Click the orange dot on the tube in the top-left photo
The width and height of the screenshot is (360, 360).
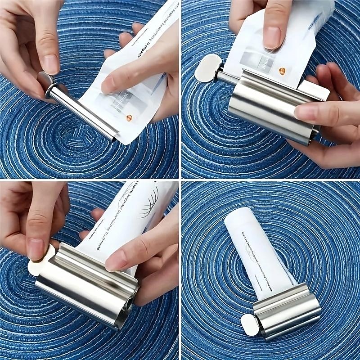point(129,118)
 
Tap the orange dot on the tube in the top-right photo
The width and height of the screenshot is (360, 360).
point(282,71)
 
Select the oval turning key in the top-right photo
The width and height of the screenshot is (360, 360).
point(207,68)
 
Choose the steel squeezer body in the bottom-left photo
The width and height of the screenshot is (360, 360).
point(85,288)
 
